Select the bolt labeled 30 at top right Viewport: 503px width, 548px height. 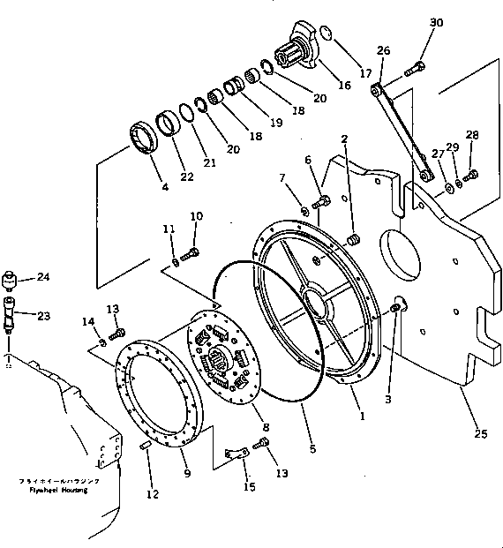pyautogui.click(x=415, y=69)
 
